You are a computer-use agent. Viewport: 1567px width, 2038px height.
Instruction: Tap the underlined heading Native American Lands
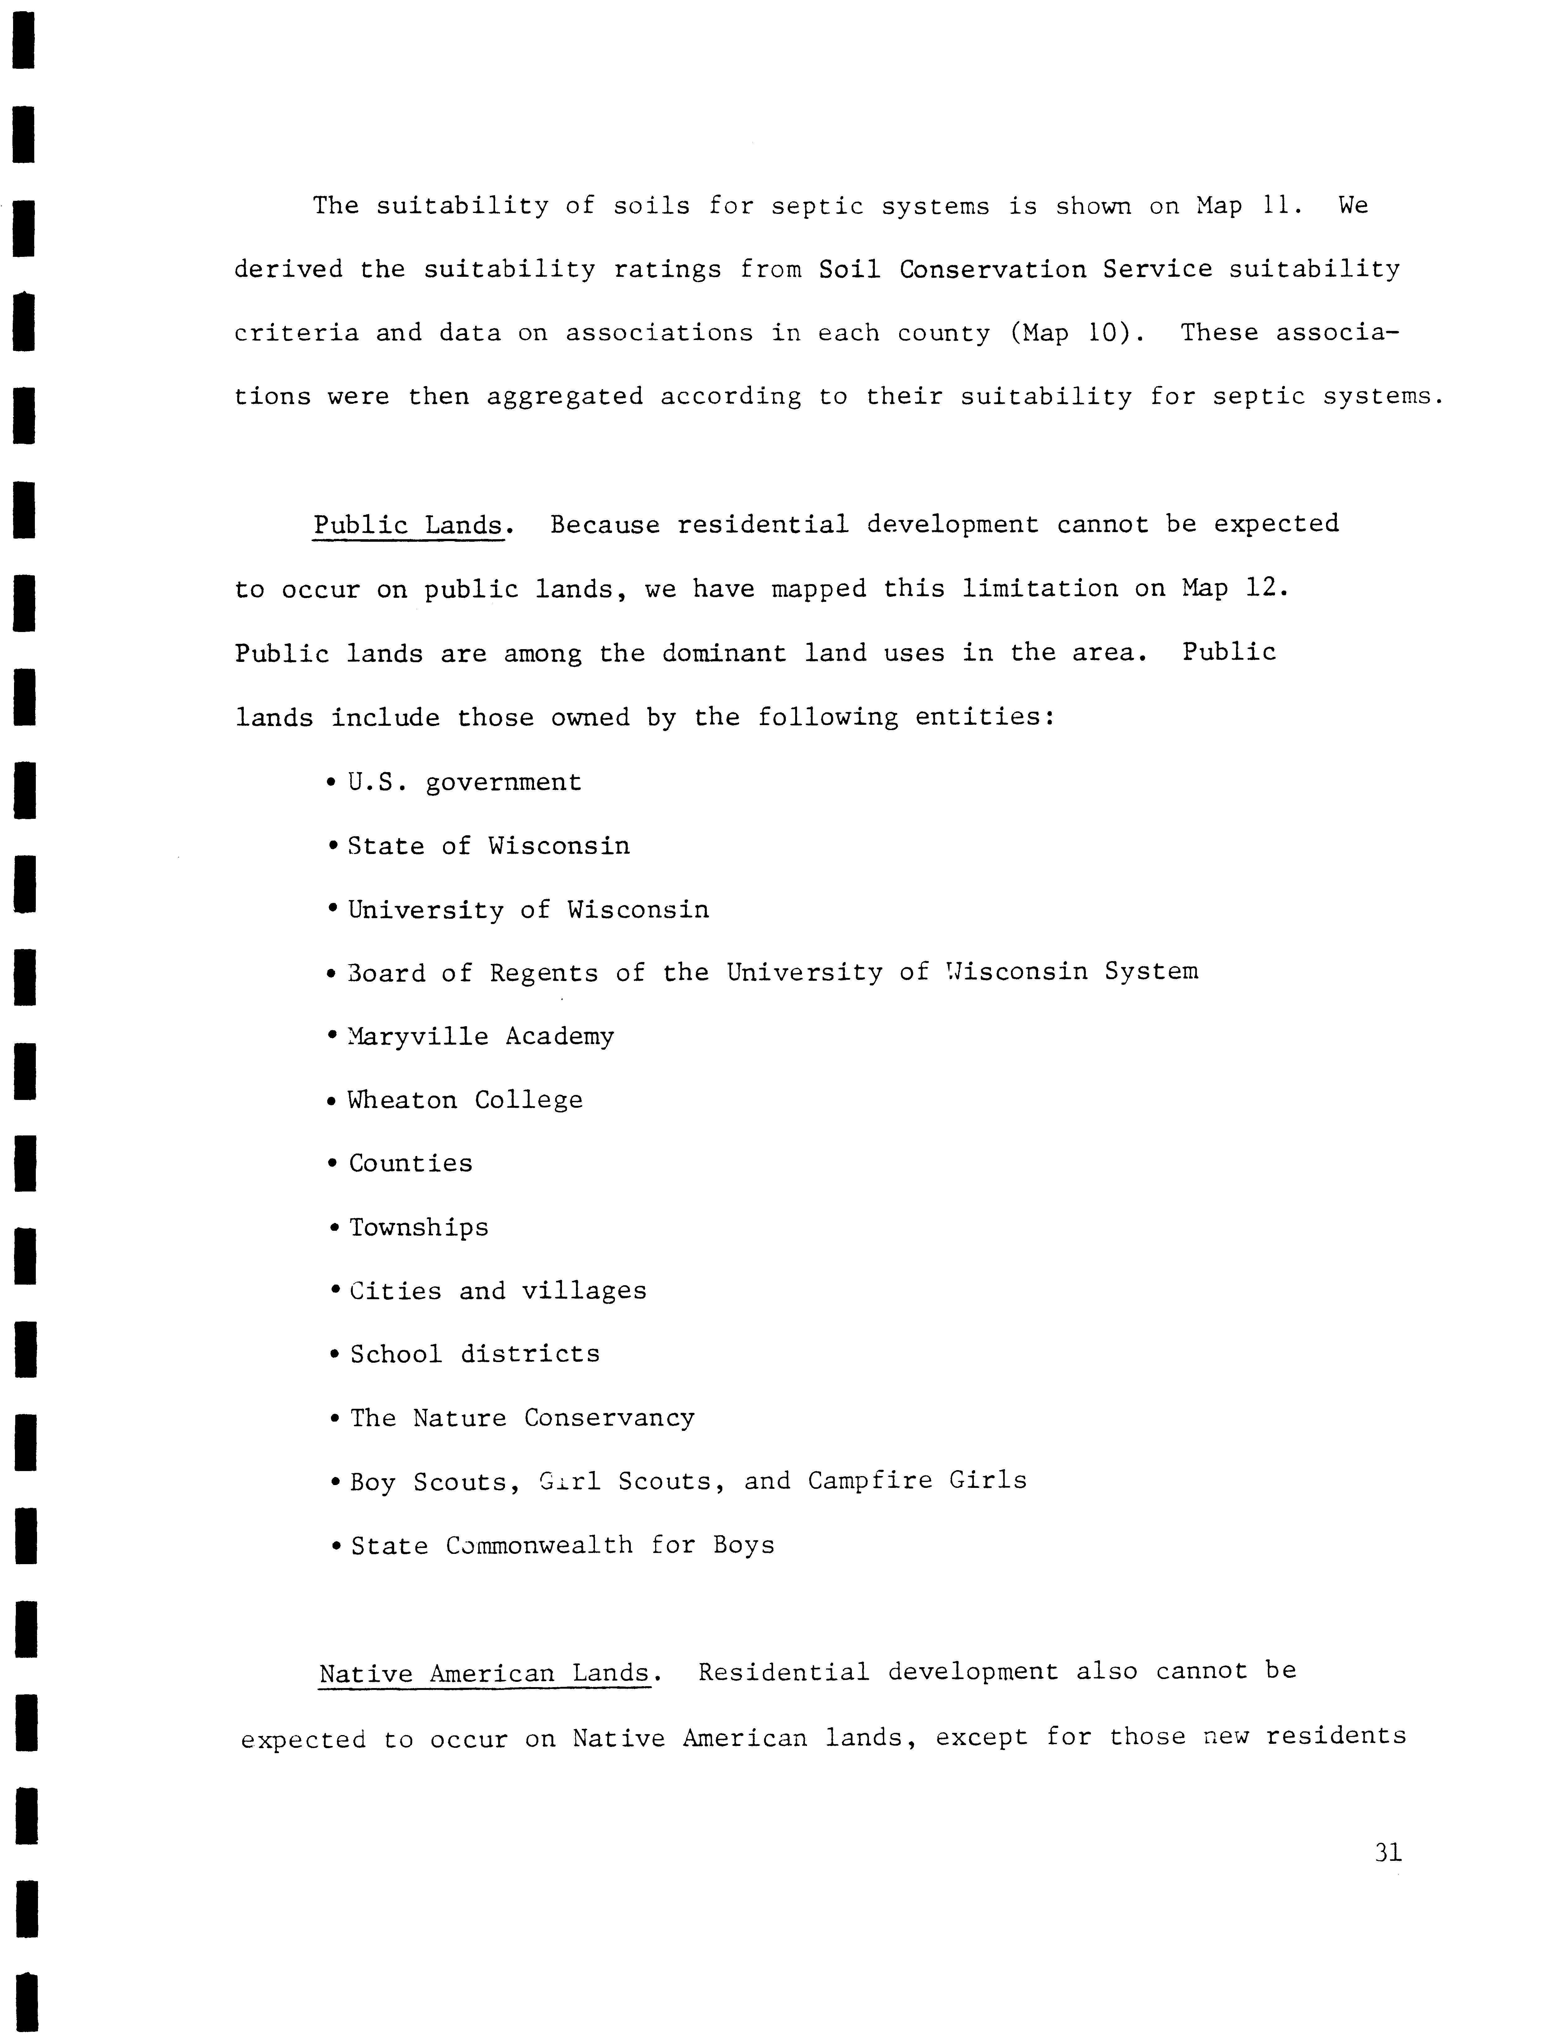(484, 1673)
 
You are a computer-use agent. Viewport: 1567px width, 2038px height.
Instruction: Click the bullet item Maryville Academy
(480, 1036)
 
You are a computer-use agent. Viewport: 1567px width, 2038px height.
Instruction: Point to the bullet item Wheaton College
(465, 1100)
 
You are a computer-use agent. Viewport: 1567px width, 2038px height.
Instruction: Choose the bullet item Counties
(410, 1163)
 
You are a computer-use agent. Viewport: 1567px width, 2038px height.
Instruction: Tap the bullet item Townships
(418, 1228)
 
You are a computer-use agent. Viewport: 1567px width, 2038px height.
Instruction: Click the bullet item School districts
(475, 1354)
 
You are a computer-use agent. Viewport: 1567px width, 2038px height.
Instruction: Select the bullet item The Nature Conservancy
(522, 1418)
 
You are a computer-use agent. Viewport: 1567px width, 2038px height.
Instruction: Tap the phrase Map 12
(1233, 588)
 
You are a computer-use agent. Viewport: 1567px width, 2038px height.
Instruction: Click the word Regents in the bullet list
(544, 973)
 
